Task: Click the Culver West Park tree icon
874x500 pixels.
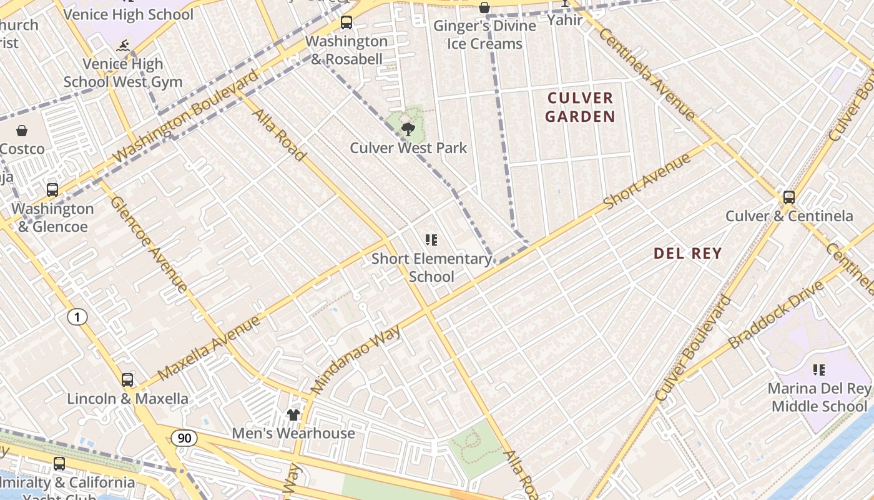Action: coord(408,129)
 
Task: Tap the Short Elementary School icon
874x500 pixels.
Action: coord(431,239)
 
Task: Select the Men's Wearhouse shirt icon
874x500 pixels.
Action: coord(293,414)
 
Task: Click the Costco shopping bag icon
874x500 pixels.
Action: coord(22,131)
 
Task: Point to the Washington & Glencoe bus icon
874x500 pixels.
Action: coord(52,190)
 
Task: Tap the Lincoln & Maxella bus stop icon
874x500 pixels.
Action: coord(127,380)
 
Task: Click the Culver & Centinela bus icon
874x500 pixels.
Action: coord(789,197)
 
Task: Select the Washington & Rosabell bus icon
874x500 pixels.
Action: coord(346,23)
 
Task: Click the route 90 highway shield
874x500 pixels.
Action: coord(184,438)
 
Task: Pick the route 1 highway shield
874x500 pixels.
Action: coord(77,317)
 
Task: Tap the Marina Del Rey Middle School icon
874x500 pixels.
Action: coord(819,370)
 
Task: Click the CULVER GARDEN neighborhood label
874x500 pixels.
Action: coord(580,107)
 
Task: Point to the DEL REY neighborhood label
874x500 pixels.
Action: coord(687,253)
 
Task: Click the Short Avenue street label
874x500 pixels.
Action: coord(647,181)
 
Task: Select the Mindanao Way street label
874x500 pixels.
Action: coord(355,359)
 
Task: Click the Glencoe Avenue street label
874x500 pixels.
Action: coord(149,244)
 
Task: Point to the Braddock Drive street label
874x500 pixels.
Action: coord(775,314)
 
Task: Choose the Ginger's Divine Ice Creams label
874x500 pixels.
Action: coord(484,34)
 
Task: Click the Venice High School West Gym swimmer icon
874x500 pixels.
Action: coord(124,46)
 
